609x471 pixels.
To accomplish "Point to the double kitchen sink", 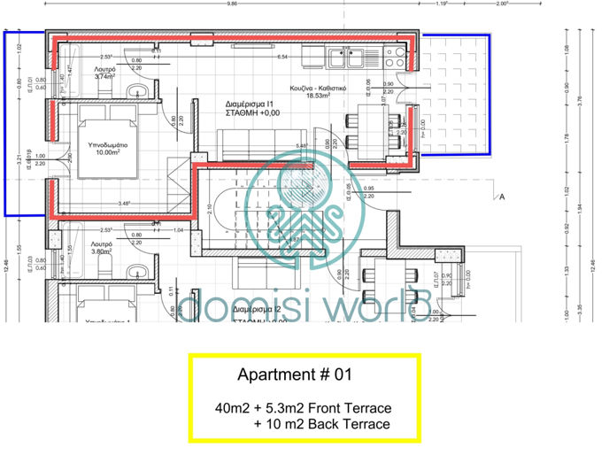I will (x=342, y=58).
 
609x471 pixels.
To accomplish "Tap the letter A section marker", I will (x=502, y=197).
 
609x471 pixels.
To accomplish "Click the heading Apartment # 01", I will (x=295, y=374).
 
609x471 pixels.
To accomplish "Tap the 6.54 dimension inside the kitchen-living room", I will (x=283, y=57).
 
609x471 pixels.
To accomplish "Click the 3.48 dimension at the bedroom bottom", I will (x=124, y=204).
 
